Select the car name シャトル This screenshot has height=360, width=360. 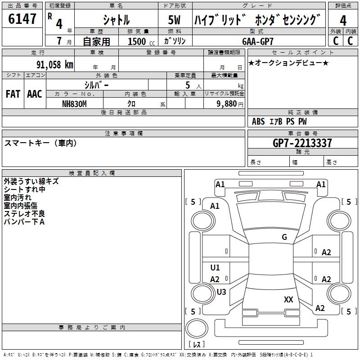click(x=116, y=20)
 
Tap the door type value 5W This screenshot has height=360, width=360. click(x=175, y=20)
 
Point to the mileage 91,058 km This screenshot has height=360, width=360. click(x=54, y=64)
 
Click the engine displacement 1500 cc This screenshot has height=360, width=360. click(x=139, y=41)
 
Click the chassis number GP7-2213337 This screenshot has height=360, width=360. click(x=302, y=143)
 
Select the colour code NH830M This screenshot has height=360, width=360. click(x=74, y=103)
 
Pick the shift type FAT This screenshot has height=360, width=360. click(x=13, y=94)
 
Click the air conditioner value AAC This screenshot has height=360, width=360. click(x=34, y=94)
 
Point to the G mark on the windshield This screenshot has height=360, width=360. click(x=284, y=237)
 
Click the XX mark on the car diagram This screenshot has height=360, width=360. click(x=288, y=299)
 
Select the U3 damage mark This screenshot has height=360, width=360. click(x=221, y=292)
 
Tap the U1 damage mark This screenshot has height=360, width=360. click(x=215, y=268)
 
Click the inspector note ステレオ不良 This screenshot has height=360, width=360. click(x=24, y=214)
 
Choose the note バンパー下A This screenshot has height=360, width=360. click(x=24, y=222)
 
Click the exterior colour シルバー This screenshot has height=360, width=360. click(x=96, y=85)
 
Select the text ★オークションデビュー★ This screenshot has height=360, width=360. click(x=288, y=63)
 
